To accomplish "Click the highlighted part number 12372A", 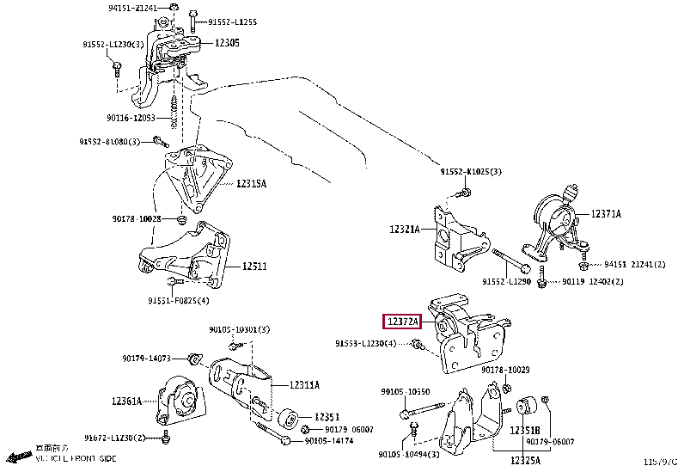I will pyautogui.click(x=402, y=322).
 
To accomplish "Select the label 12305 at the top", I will pyautogui.click(x=227, y=42).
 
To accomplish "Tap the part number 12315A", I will pyautogui.click(x=252, y=183).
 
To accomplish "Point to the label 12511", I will pyautogui.click(x=253, y=267).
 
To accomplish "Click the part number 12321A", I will pyautogui.click(x=404, y=230).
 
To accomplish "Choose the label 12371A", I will pyautogui.click(x=605, y=213).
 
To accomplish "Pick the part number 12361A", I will pyautogui.click(x=125, y=401).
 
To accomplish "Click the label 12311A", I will pyautogui.click(x=304, y=384).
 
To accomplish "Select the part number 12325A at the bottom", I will pyautogui.click(x=524, y=462).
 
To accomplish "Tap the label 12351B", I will pyautogui.click(x=525, y=430).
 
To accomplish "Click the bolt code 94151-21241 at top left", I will pyautogui.click(x=133, y=8).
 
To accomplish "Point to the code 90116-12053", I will pyautogui.click(x=131, y=118).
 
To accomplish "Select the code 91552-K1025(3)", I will pyautogui.click(x=471, y=172).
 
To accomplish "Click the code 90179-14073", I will pyautogui.click(x=146, y=358).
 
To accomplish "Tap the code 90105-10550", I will pyautogui.click(x=405, y=391).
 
